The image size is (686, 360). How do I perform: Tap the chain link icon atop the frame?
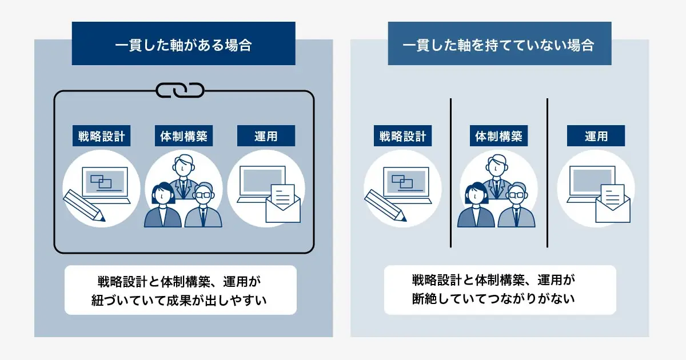click(181, 90)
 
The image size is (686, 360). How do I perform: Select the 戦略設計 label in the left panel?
click(102, 136)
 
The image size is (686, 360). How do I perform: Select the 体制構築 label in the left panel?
click(184, 136)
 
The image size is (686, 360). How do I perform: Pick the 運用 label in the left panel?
click(266, 136)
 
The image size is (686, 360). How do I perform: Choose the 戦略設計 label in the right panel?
click(403, 136)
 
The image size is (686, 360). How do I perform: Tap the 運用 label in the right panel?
click(596, 136)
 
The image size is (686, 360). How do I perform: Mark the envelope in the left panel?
click(283, 206)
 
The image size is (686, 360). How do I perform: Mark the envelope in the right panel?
click(612, 206)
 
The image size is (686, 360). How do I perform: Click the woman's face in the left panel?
click(162, 195)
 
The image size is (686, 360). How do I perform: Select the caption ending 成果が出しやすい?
click(180, 290)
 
